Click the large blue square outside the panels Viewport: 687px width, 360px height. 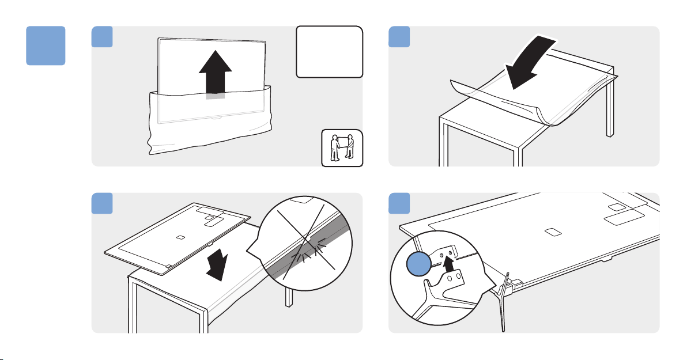(46, 46)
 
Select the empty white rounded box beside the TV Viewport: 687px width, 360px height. (329, 51)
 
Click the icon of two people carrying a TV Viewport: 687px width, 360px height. (342, 148)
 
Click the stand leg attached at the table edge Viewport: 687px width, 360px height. (504, 300)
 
